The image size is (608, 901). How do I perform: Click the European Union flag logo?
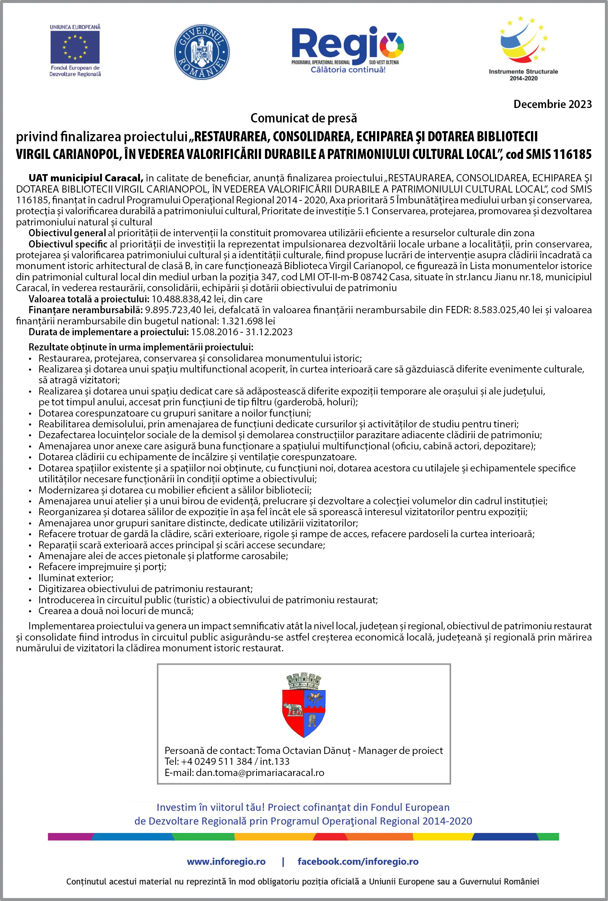click(x=75, y=47)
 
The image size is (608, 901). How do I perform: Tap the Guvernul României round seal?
click(x=202, y=52)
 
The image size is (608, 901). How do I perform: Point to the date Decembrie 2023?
click(x=552, y=104)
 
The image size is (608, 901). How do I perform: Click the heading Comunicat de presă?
click(x=304, y=118)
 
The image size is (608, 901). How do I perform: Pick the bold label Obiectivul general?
click(x=67, y=233)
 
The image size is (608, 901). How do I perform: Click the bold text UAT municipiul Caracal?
click(x=86, y=178)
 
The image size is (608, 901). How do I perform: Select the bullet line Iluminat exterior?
click(x=76, y=578)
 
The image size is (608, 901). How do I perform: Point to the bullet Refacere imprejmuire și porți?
click(x=102, y=567)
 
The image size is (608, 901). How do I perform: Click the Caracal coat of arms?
click(x=304, y=705)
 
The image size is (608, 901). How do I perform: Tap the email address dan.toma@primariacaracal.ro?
click(x=260, y=773)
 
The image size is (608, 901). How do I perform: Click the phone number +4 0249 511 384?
click(x=217, y=762)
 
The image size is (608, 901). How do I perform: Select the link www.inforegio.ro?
click(x=226, y=862)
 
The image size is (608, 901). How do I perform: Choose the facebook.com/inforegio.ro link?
click(x=358, y=862)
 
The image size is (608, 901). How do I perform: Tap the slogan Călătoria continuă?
click(x=348, y=70)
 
